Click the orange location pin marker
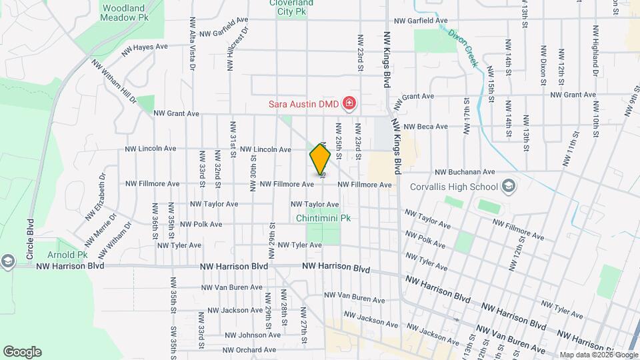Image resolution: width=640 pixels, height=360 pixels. pos(320,159)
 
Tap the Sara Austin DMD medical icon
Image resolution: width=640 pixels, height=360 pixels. pos(349,103)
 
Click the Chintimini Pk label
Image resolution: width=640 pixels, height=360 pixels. pos(323,218)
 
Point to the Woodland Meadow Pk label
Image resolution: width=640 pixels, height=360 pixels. pos(124,13)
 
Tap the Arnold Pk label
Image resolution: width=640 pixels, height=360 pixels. pos(67,255)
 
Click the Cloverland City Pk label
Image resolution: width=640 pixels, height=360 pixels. pos(291,7)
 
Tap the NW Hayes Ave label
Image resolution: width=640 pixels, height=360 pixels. pos(145,48)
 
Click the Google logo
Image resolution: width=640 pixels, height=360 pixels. pos(22,352)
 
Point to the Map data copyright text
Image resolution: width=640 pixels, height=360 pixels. pos(598,355)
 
